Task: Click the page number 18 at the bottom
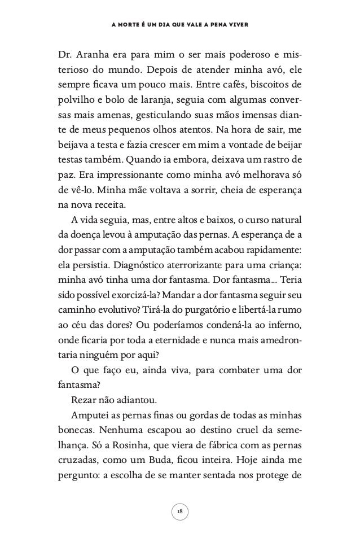pyautogui.click(x=179, y=511)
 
